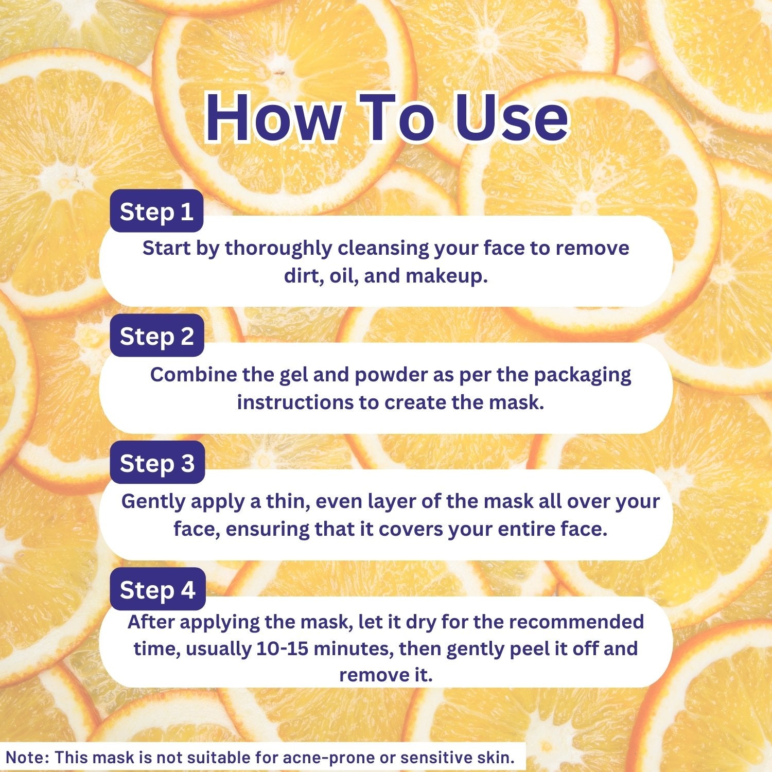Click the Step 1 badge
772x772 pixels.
[156, 212]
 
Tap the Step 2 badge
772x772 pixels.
[157, 336]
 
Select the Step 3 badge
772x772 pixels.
[157, 463]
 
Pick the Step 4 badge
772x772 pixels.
[157, 589]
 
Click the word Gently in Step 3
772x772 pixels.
[153, 502]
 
